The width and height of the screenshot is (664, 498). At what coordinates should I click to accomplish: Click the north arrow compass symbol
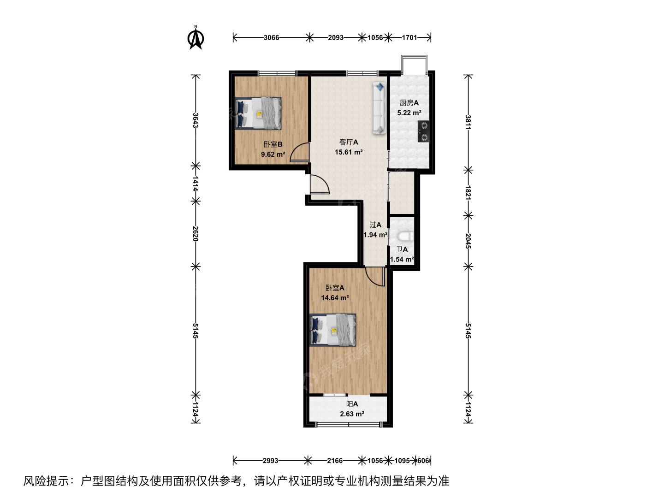click(x=196, y=38)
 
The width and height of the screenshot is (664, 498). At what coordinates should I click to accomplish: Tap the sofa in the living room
click(x=379, y=108)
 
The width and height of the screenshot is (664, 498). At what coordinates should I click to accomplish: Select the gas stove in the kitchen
click(x=423, y=131)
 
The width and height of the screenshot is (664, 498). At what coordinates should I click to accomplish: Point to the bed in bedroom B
click(x=258, y=113)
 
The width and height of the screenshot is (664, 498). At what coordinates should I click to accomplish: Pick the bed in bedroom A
click(x=333, y=330)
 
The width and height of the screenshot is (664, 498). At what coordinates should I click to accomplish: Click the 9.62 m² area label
click(x=273, y=154)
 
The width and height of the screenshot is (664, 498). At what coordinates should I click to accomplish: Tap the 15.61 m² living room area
click(x=349, y=152)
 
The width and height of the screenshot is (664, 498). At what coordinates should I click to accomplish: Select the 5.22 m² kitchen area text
click(x=409, y=113)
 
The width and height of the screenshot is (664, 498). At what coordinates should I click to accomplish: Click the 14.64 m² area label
click(x=335, y=298)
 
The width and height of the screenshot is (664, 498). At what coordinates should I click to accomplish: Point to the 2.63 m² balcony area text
click(x=352, y=414)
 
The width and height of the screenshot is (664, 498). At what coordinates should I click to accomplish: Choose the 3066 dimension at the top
click(x=271, y=37)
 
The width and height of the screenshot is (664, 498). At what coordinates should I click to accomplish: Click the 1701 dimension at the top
click(x=409, y=37)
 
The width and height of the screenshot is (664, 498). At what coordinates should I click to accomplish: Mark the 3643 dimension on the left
click(x=196, y=120)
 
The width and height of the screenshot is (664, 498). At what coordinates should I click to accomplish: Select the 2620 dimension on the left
click(x=196, y=234)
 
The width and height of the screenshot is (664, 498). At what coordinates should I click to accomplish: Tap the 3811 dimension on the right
click(x=468, y=122)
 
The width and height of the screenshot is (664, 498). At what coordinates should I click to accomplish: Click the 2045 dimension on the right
click(x=468, y=241)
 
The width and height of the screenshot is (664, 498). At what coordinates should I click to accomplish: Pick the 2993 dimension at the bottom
click(x=270, y=461)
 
